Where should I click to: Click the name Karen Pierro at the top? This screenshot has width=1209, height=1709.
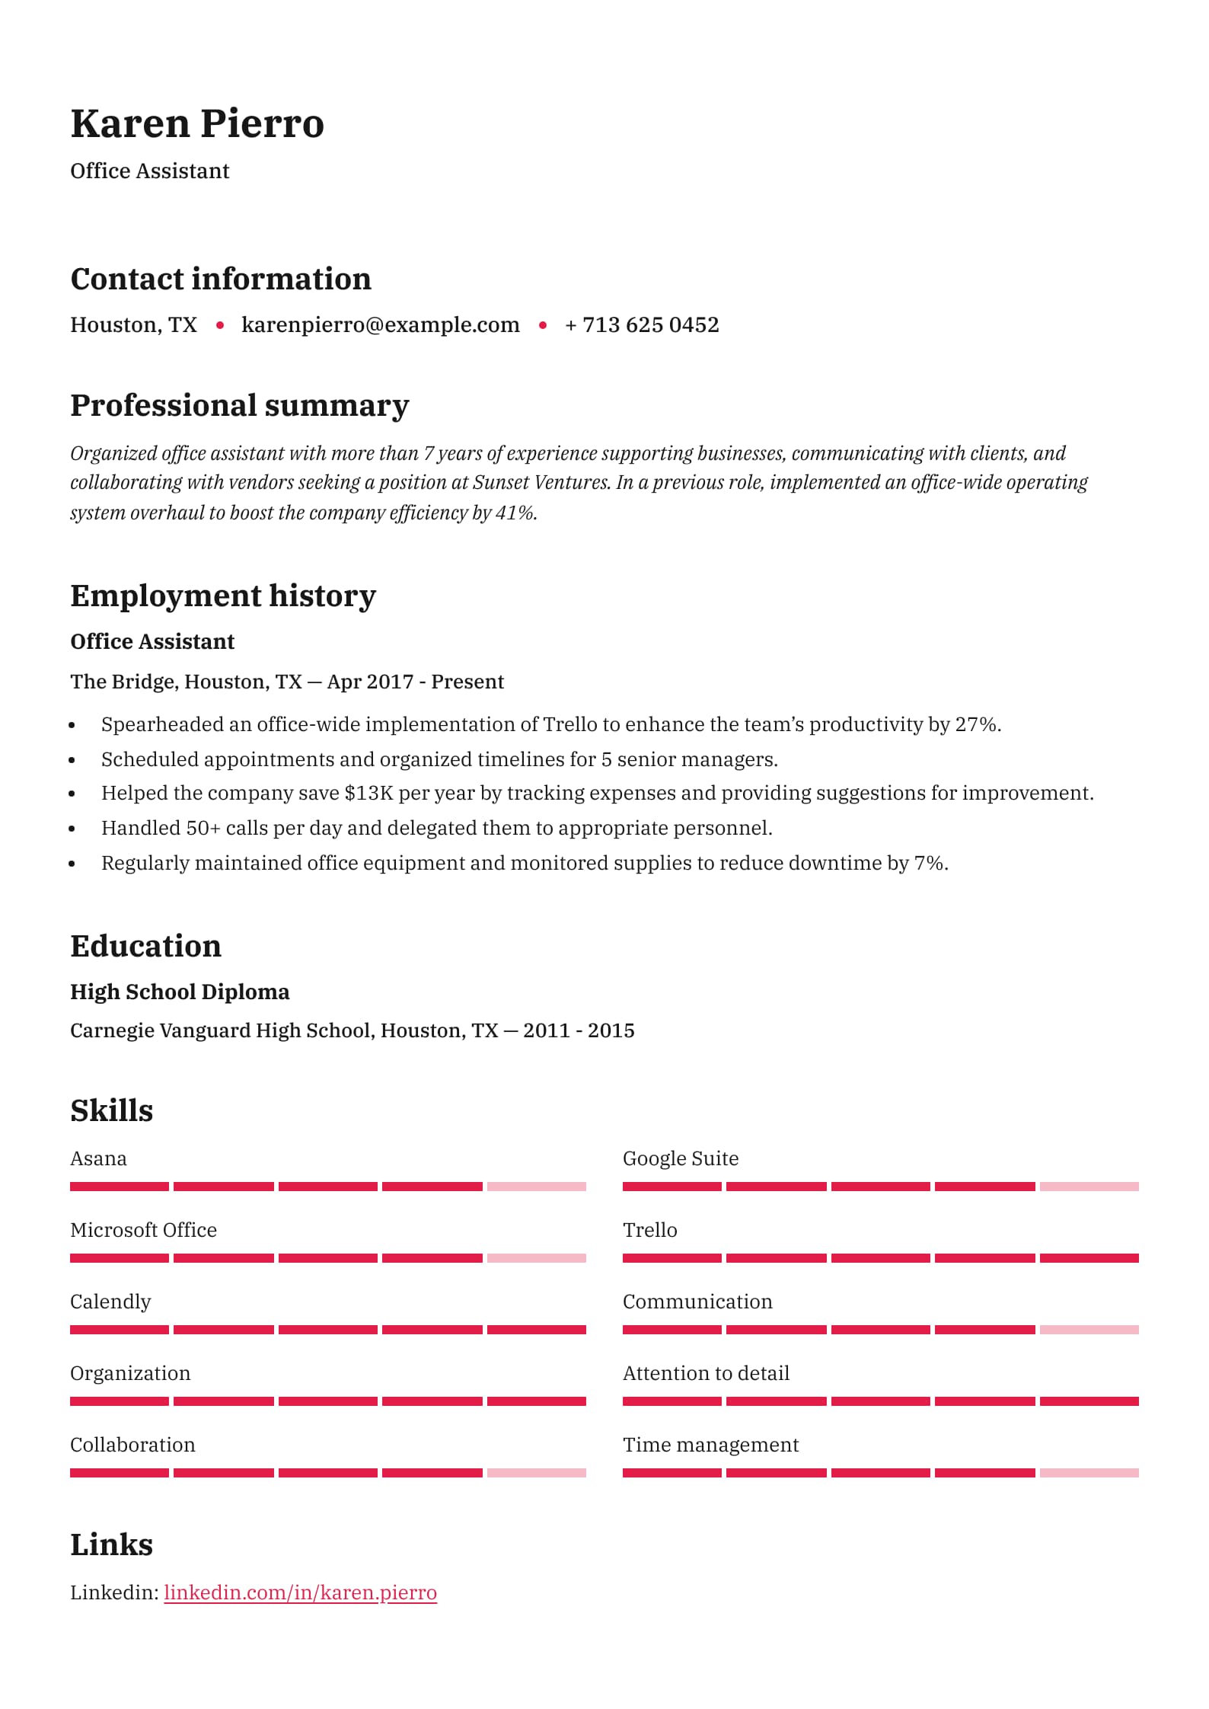197,123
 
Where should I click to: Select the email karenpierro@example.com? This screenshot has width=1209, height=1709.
380,324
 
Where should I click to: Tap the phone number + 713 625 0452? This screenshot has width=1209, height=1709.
641,324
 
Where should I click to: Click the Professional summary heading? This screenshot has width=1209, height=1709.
239,405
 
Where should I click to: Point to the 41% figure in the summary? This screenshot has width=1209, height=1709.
515,513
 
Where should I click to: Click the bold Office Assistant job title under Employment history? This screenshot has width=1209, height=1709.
152,641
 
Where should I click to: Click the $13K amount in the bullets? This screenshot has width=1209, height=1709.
368,793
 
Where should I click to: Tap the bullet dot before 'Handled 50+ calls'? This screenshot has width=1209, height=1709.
72,829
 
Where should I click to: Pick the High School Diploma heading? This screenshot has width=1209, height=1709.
180,992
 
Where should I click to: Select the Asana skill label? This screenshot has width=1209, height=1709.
98,1158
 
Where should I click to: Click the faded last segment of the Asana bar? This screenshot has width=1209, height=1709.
536,1187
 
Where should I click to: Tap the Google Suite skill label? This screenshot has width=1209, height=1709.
680,1158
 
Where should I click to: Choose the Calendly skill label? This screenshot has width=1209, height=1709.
110,1302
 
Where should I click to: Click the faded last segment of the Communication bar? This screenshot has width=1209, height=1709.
1089,1330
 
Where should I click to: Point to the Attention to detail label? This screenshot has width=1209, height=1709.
706,1373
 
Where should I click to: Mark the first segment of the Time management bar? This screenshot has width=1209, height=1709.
671,1473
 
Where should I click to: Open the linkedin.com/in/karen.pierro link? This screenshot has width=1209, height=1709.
300,1592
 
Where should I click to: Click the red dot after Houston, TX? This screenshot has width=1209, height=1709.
220,325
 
